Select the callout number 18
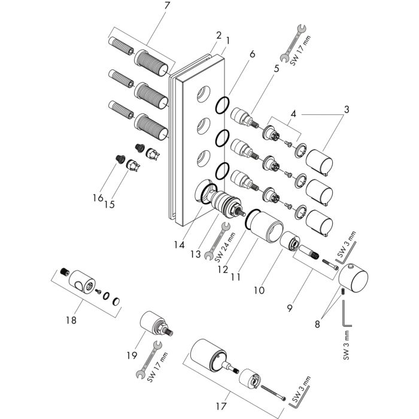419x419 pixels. pos(71,321)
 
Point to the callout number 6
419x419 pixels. pos(252,54)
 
